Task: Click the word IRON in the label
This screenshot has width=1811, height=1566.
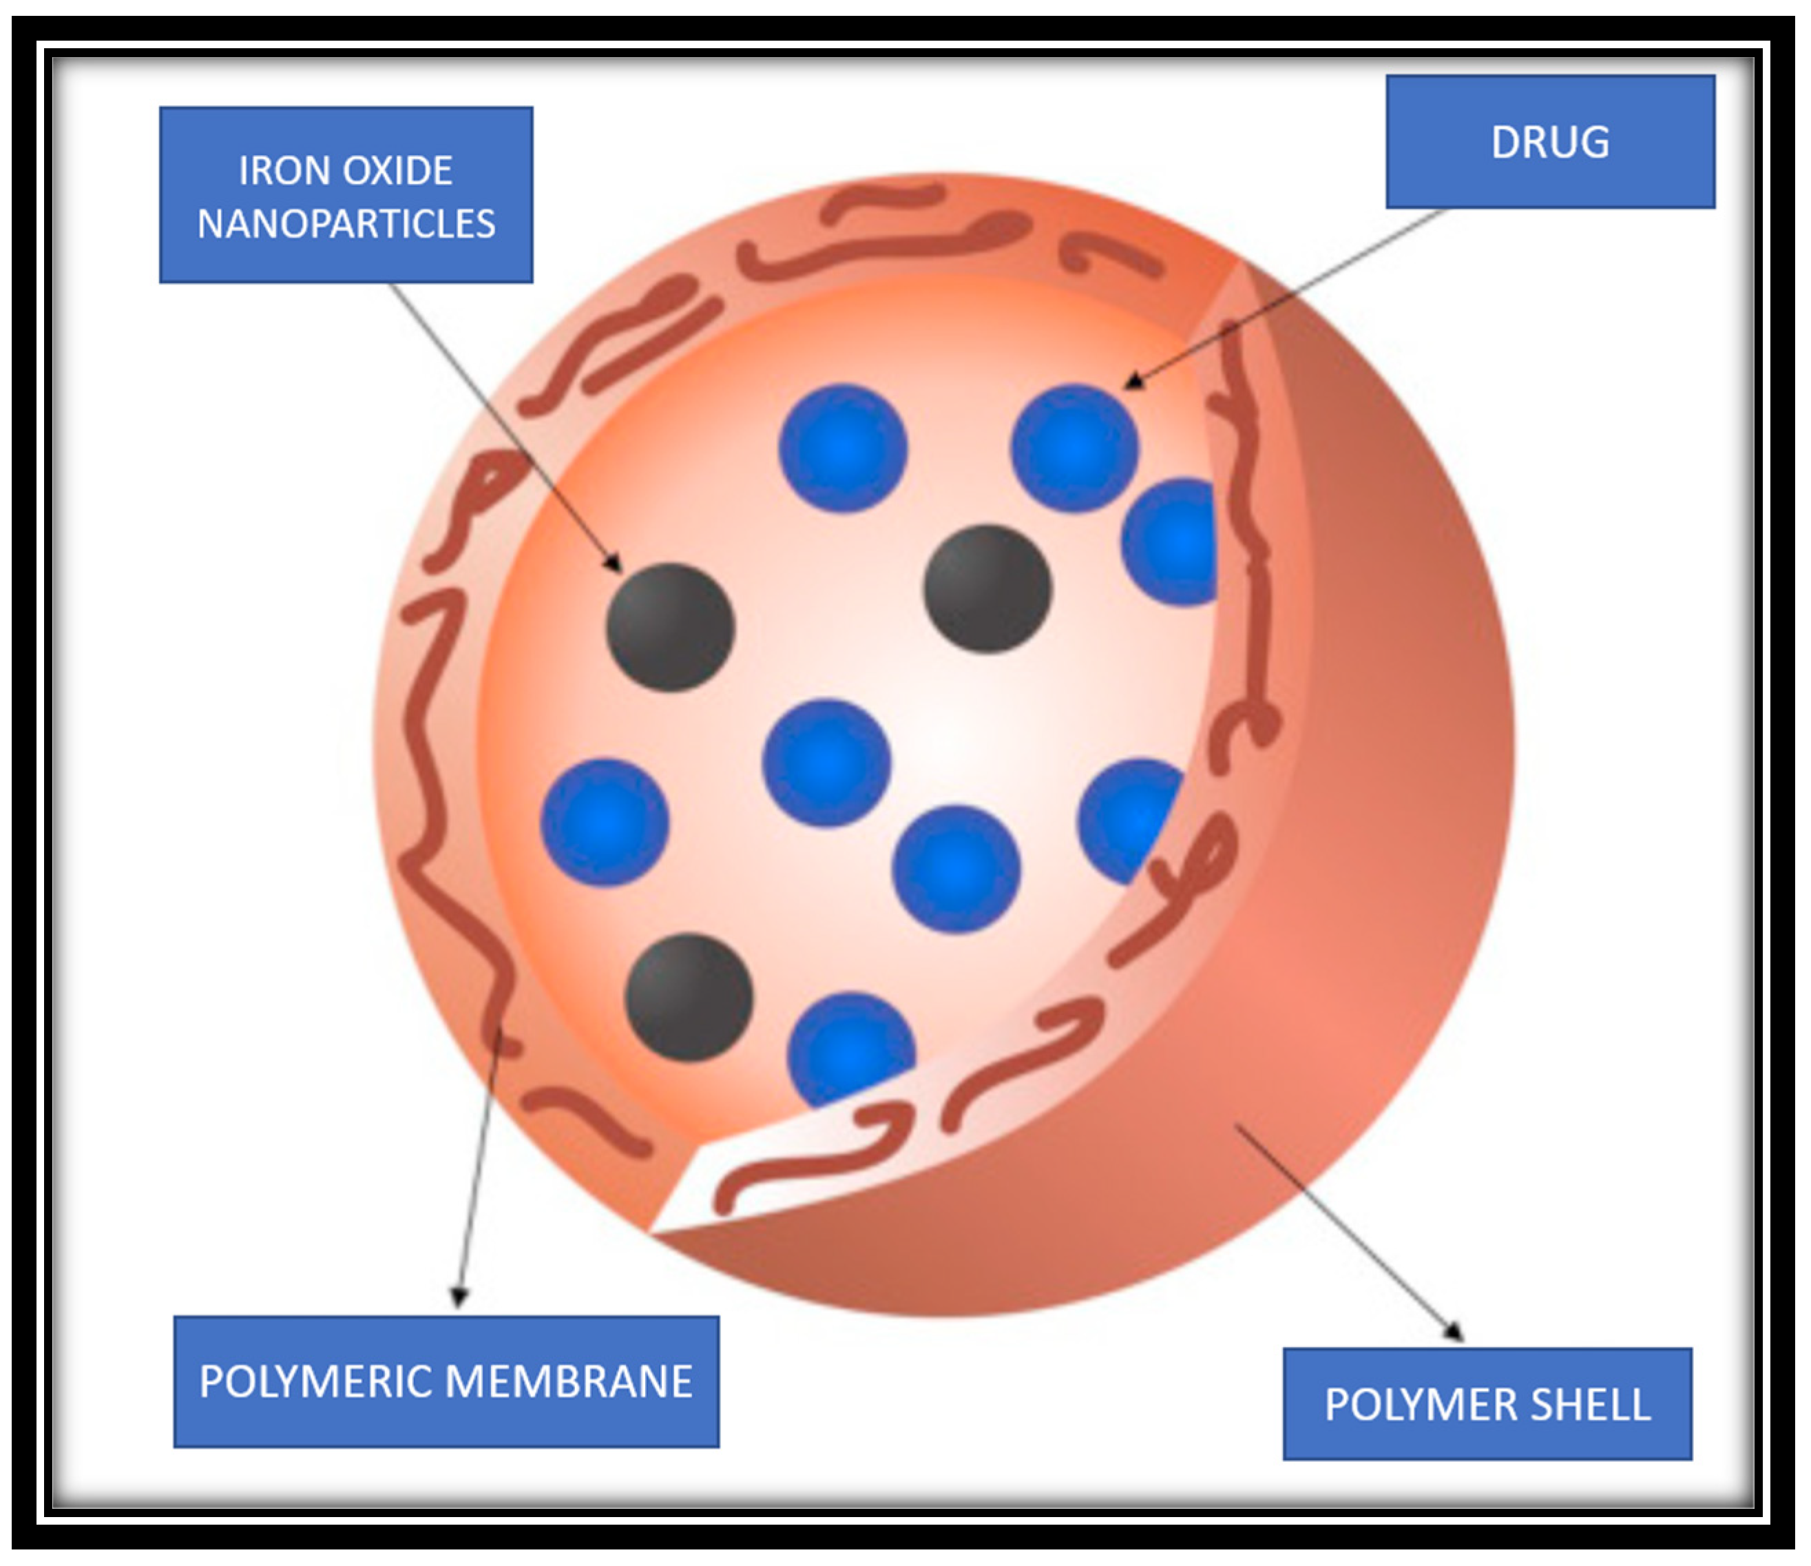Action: [270, 170]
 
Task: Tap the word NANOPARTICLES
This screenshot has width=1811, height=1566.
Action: [346, 225]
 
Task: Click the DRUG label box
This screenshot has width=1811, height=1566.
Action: [1549, 142]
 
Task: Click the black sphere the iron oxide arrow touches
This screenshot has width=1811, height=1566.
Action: [671, 627]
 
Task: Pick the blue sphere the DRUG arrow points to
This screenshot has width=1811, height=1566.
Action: [1074, 447]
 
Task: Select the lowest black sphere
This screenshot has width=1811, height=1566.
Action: [689, 997]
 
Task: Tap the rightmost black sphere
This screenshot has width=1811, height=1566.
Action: [987, 588]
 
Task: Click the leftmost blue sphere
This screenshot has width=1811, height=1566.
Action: [605, 822]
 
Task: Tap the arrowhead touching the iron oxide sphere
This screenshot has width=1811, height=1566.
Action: [613, 563]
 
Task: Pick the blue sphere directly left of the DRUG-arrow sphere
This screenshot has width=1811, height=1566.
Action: [843, 447]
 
